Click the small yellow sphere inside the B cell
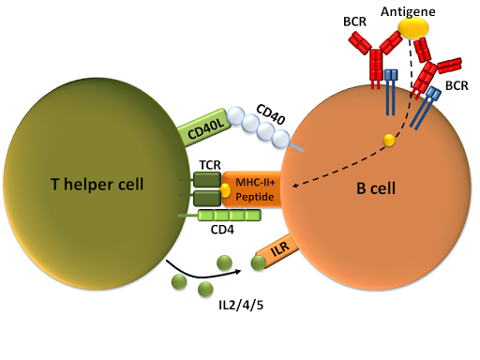pyautogui.click(x=387, y=141)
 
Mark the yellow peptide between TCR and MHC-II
pyautogui.click(x=225, y=190)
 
